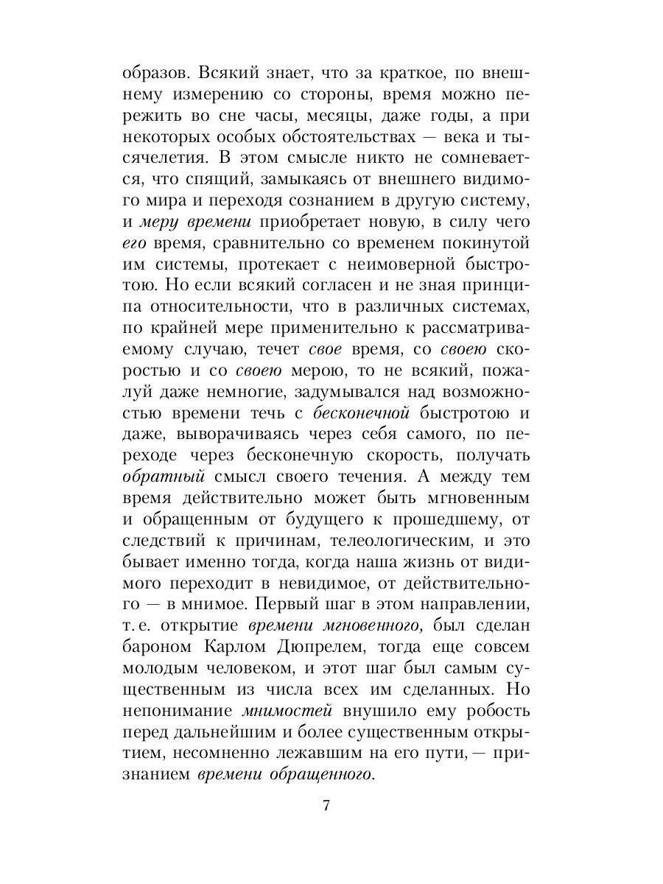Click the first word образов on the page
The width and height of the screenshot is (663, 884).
150,75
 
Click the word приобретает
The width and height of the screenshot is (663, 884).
321,222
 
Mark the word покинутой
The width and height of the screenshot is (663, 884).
487,242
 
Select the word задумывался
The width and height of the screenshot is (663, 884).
337,389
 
